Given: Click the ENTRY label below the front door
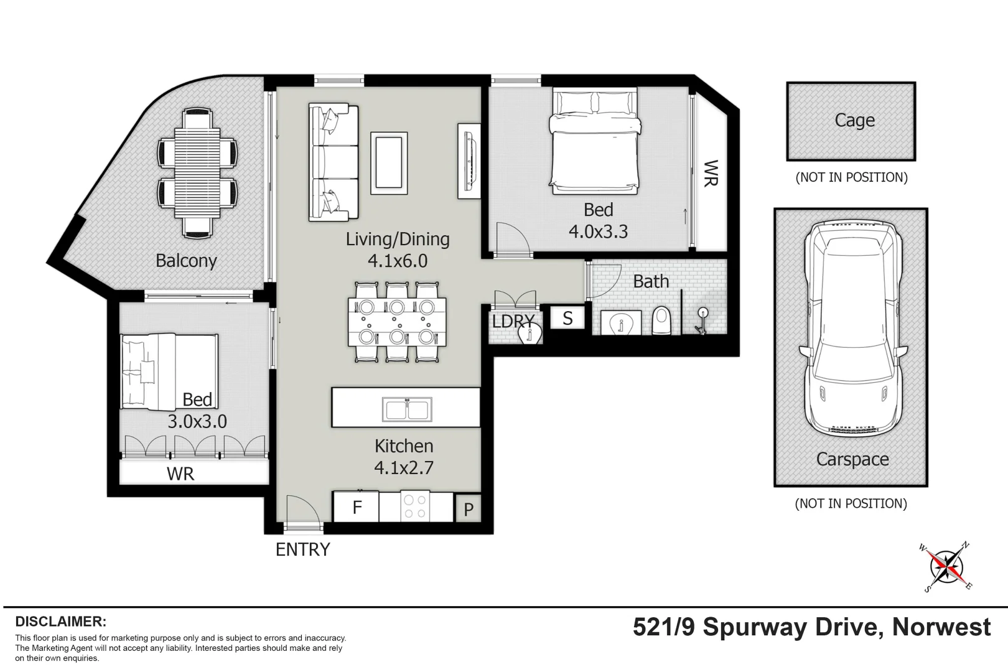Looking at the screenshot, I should click(302, 549).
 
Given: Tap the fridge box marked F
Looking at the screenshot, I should click(357, 507).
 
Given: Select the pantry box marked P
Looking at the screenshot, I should click(469, 510).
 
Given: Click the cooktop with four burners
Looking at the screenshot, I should click(414, 506).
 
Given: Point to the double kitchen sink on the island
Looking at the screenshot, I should click(406, 409).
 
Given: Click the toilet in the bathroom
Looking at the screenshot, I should click(661, 320).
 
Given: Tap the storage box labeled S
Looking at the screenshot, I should click(567, 319).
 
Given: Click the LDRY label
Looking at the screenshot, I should click(513, 322).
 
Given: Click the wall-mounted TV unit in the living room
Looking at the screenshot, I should click(469, 161).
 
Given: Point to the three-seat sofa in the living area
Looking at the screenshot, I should click(333, 162).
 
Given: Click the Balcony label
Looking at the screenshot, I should click(186, 261).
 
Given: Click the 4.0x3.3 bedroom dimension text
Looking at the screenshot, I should click(598, 231).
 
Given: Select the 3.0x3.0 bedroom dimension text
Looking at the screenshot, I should click(197, 421).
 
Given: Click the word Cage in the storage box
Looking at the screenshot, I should click(854, 120).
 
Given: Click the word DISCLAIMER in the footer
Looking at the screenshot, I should click(60, 622).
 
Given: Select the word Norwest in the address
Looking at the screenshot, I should click(941, 627).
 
